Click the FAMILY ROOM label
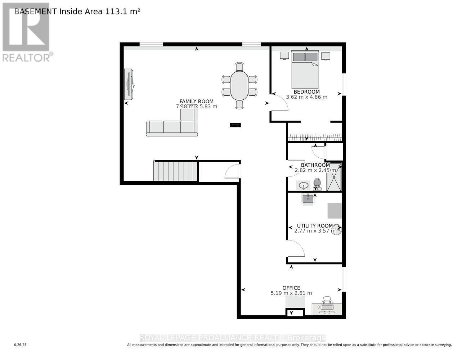tap(196, 102)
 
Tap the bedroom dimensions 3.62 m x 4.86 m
tap(306, 97)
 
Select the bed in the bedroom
tap(305, 70)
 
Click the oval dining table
tap(239, 85)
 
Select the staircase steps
tap(175, 171)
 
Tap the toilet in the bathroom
tap(317, 184)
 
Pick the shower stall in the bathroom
tap(334, 177)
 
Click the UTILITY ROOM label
tap(312, 226)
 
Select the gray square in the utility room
tap(335, 211)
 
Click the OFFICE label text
tap(291, 288)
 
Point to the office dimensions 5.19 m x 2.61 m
tap(291, 293)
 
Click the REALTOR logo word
tap(26, 58)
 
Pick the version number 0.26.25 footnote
tap(21, 345)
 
